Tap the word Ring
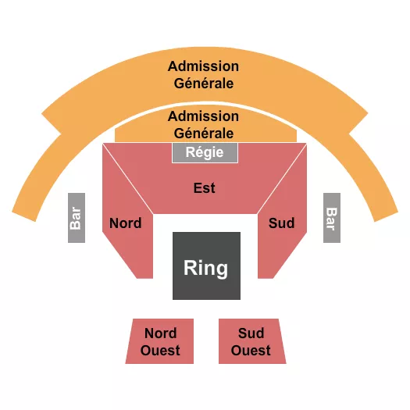[206, 269]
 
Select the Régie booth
[205, 152]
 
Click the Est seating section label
[205, 188]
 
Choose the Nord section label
[125, 223]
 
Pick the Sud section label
[281, 223]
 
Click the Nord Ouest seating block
[160, 342]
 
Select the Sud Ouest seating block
[251, 342]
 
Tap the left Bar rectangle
[76, 217]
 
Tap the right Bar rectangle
[331, 217]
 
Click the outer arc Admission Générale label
[204, 75]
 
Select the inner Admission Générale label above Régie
[204, 124]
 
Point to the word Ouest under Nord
[160, 351]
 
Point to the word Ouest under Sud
[251, 351]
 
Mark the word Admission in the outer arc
[204, 66]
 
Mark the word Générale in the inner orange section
[204, 134]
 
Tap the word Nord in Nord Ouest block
[160, 333]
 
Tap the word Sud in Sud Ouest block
[251, 333]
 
